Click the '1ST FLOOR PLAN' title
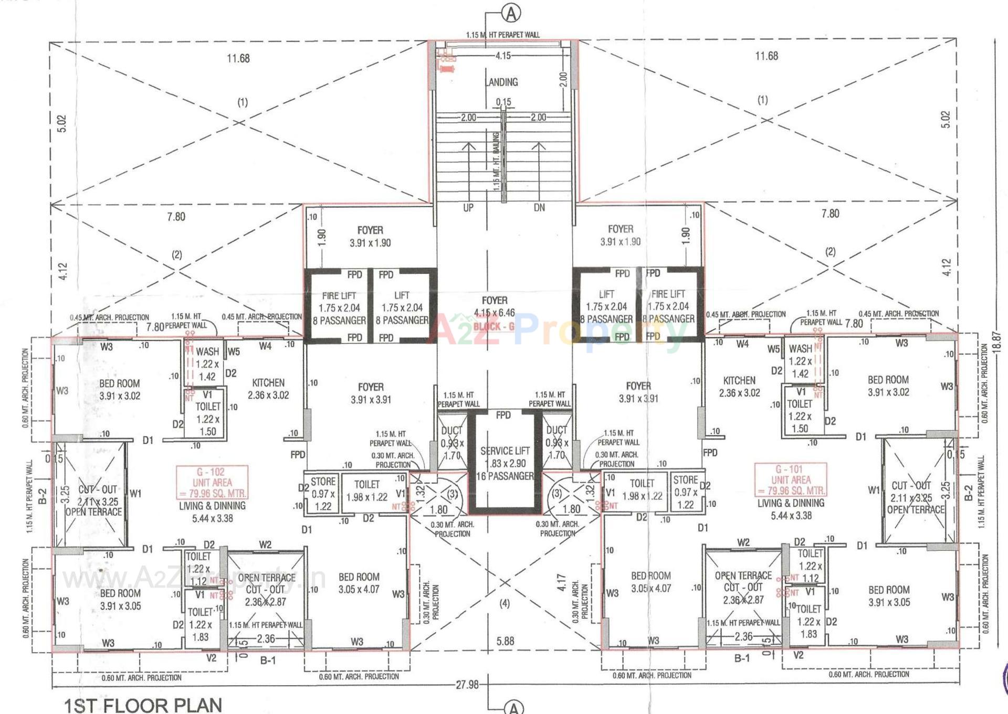143,705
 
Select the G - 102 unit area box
212,482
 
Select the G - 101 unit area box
791,479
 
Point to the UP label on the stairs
468,208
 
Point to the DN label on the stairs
539,208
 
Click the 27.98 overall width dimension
467,685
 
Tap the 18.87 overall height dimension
997,342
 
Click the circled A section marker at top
511,14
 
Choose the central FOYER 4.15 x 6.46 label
495,306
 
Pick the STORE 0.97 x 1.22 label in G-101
686,492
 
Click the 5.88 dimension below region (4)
505,641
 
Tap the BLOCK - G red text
493,326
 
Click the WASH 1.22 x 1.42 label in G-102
207,364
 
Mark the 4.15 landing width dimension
502,55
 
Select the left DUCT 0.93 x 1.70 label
451,443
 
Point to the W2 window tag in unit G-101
743,542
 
